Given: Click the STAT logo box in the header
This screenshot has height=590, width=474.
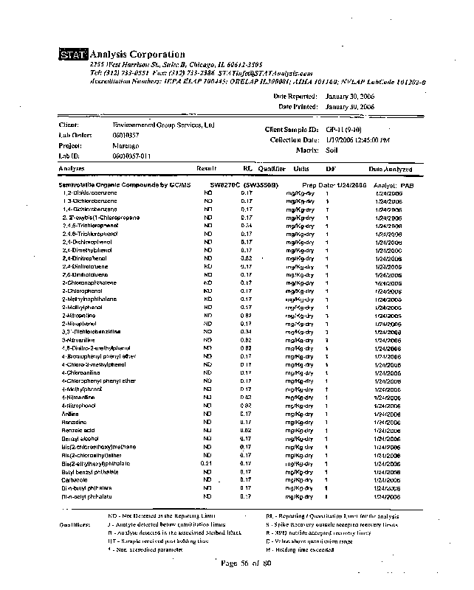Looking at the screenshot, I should [73, 55].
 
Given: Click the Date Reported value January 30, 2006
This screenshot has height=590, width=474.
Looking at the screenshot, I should [350, 97].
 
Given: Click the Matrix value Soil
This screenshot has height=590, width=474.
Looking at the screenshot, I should [332, 150].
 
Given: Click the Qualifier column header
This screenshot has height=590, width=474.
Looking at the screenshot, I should [272, 169].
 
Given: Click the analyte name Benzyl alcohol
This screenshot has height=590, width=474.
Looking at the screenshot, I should [80, 438].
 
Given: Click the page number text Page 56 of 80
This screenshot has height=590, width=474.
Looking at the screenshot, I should [247, 564].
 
